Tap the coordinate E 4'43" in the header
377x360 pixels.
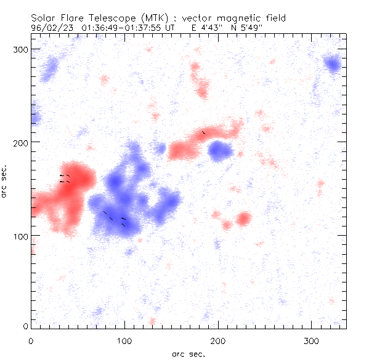(x=213, y=28)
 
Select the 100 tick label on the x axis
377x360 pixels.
(x=124, y=340)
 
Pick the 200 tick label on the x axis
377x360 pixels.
(x=217, y=340)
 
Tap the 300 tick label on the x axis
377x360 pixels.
(x=311, y=340)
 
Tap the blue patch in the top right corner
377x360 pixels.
(x=333, y=64)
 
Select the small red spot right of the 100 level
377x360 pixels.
(x=245, y=218)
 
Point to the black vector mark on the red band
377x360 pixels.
(x=203, y=132)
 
